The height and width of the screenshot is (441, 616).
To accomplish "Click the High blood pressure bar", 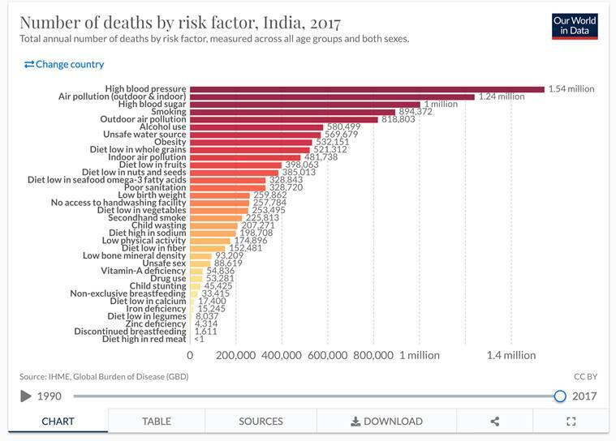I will click(x=367, y=88).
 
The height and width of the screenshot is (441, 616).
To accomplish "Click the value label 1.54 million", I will click(x=571, y=88).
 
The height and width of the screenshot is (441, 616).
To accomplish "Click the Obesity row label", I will click(x=170, y=142).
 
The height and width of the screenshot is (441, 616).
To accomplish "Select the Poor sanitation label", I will click(x=153, y=187).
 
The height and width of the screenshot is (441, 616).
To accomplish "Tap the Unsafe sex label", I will click(x=164, y=263).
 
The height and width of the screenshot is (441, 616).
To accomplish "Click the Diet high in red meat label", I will click(x=144, y=339).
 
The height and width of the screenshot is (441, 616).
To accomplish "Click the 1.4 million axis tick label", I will click(x=511, y=355).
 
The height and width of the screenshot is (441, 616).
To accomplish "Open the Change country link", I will click(x=64, y=64).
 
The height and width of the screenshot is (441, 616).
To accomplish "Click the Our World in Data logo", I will click(x=574, y=25).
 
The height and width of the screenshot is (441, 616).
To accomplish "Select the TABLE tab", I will click(x=156, y=421).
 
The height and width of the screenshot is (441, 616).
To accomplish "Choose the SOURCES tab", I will click(x=261, y=421).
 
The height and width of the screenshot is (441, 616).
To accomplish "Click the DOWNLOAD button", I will click(x=386, y=421).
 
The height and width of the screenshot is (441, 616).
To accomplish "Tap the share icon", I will click(x=495, y=421).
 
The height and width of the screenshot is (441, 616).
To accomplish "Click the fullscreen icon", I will click(x=571, y=421).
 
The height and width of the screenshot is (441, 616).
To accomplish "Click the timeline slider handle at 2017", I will click(x=559, y=396).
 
